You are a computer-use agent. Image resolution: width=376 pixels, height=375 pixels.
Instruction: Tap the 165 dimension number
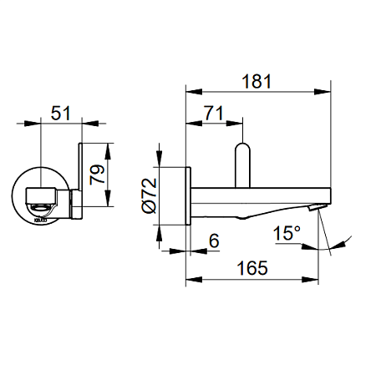tap(251, 267)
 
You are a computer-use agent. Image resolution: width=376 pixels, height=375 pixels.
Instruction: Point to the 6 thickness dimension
tap(213, 241)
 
